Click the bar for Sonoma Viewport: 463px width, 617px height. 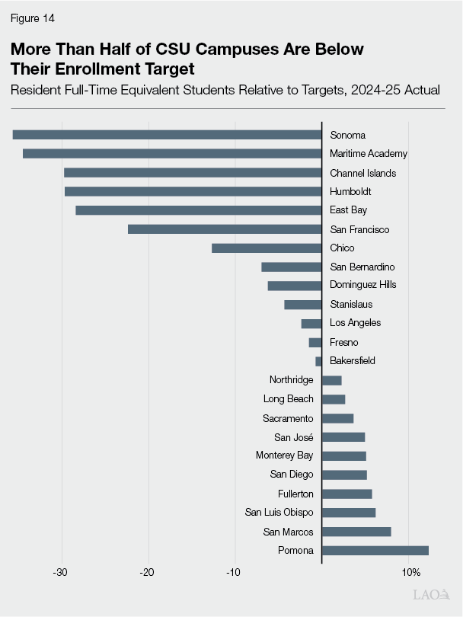pos(167,135)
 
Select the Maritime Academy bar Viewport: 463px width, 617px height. pos(172,153)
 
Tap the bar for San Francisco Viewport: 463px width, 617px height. pos(225,229)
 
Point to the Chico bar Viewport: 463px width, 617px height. pos(267,248)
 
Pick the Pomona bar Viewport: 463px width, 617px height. pos(375,550)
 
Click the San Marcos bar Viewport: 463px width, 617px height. pos(356,531)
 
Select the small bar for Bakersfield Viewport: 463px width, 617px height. pos(318,361)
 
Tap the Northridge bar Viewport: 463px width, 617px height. pos(332,380)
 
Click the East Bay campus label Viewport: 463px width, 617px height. pos(349,210)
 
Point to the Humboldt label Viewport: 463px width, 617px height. pos(350,191)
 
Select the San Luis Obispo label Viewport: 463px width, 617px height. pos(279,512)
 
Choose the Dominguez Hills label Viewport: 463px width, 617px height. pos(362,285)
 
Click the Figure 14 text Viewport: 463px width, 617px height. pos(33,18)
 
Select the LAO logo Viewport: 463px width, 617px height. pos(430,594)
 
